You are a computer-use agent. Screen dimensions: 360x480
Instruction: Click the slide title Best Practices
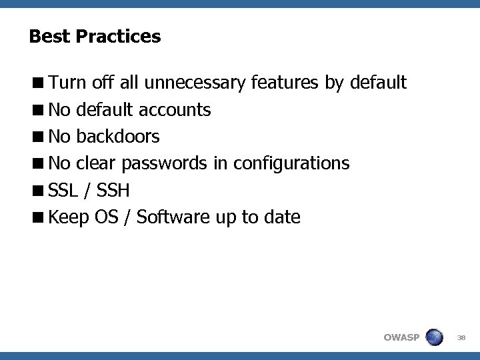95,36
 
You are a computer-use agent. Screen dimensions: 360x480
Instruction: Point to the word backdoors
118,137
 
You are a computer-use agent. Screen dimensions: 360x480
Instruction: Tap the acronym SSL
63,191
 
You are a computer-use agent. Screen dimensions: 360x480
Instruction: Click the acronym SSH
113,191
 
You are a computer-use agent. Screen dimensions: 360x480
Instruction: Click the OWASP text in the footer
401,337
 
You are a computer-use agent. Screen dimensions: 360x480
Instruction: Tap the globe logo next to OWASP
434,337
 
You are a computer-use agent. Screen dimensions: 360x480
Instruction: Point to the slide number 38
461,337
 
